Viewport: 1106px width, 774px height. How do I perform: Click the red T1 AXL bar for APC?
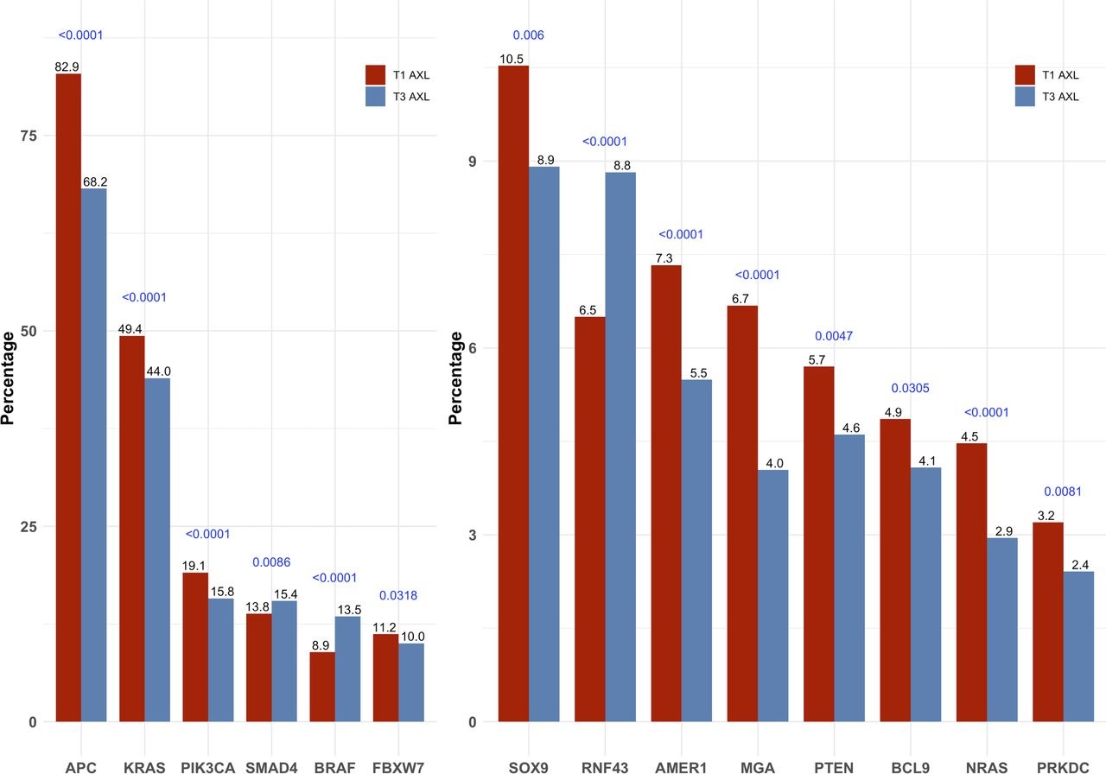[68, 397]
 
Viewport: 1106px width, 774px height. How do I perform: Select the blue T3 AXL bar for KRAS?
[157, 549]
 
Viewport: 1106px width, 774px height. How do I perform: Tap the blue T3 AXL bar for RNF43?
[620, 447]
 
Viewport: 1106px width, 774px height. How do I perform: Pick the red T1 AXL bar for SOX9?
[514, 393]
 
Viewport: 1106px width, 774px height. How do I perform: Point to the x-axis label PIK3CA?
[207, 766]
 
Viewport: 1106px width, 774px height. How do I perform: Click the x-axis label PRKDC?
[1063, 766]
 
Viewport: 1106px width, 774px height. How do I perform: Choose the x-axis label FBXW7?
[398, 766]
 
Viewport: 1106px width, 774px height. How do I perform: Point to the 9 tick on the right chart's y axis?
[473, 162]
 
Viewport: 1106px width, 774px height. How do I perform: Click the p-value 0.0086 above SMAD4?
[271, 562]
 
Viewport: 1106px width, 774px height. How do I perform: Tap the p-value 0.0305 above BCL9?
[910, 389]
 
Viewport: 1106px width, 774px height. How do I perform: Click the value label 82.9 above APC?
[67, 67]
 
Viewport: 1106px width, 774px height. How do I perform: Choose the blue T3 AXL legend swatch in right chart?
[1024, 96]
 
